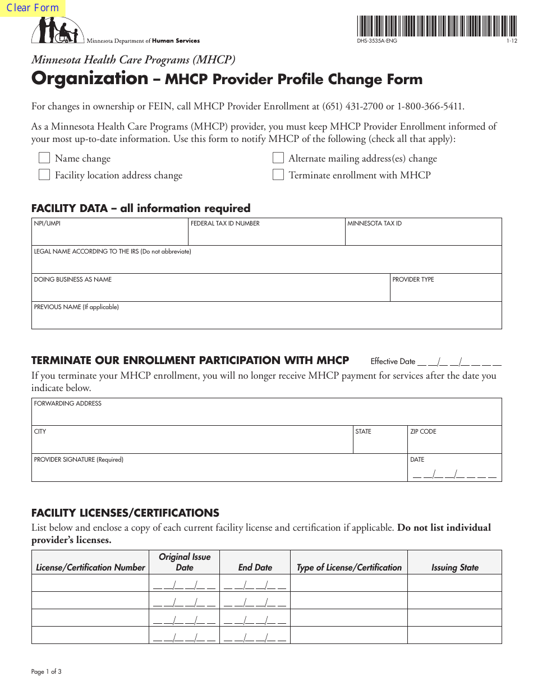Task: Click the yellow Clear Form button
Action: point(33,8)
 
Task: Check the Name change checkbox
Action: point(44,158)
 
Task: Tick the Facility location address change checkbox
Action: point(44,175)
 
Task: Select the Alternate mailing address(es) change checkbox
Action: point(278,158)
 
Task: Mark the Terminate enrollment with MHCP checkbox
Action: point(278,175)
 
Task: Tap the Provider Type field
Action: point(445,291)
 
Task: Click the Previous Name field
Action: point(266,319)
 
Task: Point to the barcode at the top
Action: point(436,26)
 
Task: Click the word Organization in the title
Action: point(90,79)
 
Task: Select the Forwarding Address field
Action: point(266,415)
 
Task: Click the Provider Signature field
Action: point(219,471)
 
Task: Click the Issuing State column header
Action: point(454,567)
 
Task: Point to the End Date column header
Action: point(255,567)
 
